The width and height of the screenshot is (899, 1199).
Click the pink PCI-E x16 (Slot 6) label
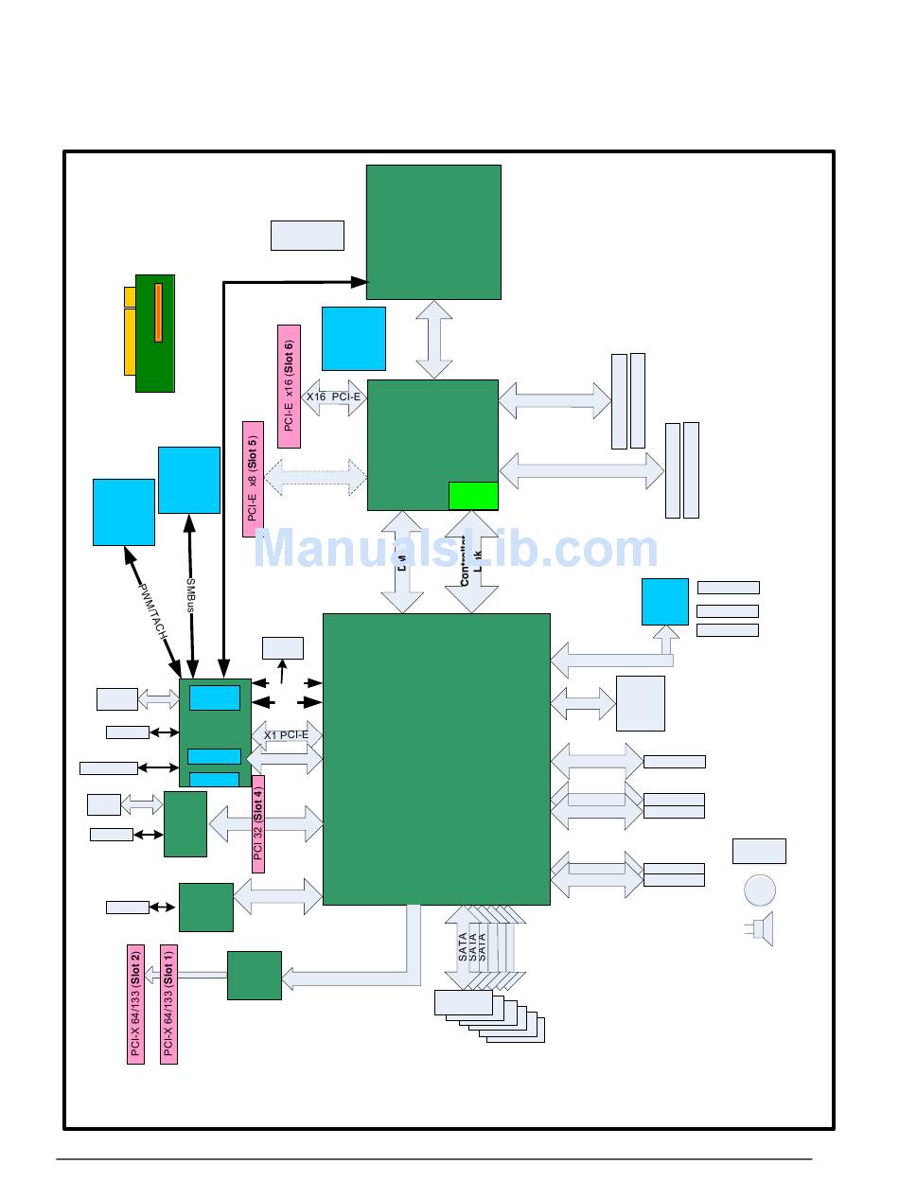pyautogui.click(x=290, y=386)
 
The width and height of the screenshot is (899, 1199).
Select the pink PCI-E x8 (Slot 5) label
pyautogui.click(x=253, y=479)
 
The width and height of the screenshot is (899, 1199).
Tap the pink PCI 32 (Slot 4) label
pyautogui.click(x=257, y=824)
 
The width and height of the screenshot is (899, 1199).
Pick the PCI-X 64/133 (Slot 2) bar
pyautogui.click(x=135, y=1004)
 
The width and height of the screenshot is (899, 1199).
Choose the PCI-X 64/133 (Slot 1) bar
pyautogui.click(x=168, y=1004)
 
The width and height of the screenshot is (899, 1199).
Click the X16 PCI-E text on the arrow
pyautogui.click(x=333, y=397)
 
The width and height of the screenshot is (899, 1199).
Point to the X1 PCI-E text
pyautogui.click(x=286, y=734)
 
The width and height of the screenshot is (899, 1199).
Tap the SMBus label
pyautogui.click(x=190, y=595)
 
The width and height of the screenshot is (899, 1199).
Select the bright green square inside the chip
pyautogui.click(x=472, y=496)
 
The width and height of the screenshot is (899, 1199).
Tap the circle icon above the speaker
pyautogui.click(x=760, y=890)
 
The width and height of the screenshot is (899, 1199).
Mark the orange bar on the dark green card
pyautogui.click(x=158, y=312)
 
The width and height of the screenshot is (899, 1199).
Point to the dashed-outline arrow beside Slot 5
pyautogui.click(x=316, y=478)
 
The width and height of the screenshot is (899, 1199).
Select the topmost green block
pyautogui.click(x=433, y=232)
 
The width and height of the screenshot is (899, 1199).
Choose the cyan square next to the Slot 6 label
pyautogui.click(x=353, y=338)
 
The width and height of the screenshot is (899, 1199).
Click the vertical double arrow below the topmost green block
pyautogui.click(x=433, y=340)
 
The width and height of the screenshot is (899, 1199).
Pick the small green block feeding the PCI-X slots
pyautogui.click(x=254, y=975)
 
